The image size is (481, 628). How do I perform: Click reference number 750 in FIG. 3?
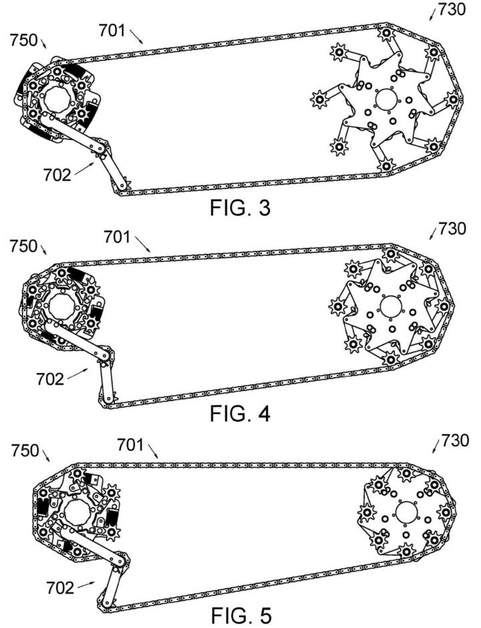23,40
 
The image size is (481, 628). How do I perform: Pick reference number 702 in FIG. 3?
56,175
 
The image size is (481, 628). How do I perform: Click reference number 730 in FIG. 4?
452,229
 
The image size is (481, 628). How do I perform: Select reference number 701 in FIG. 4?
118,236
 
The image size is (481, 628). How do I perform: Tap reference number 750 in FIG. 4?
23,246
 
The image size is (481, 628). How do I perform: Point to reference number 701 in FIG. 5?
131,443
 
